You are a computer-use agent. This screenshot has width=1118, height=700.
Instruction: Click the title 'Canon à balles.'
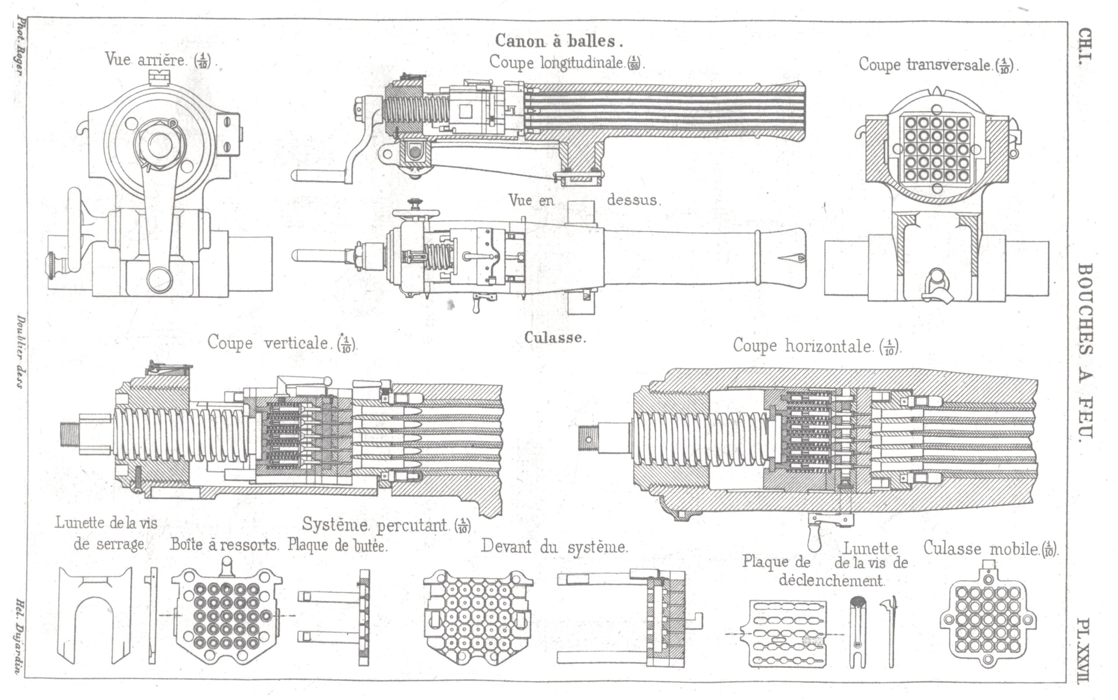pyautogui.click(x=559, y=41)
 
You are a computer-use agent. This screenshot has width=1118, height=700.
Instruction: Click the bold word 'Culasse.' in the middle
pyautogui.click(x=555, y=338)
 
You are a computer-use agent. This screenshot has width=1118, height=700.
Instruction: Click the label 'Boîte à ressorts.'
pyautogui.click(x=224, y=545)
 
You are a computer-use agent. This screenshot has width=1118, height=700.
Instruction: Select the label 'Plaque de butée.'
pyautogui.click(x=338, y=546)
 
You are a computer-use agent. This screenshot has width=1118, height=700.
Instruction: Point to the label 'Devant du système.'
pyautogui.click(x=555, y=547)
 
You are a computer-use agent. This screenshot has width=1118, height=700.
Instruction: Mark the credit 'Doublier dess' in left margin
pyautogui.click(x=21, y=352)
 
